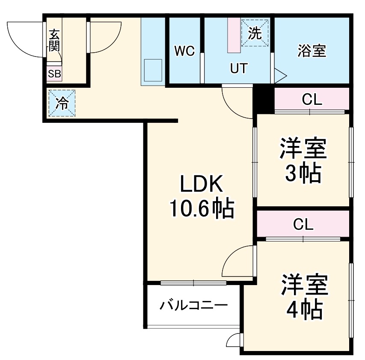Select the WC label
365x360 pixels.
pos(184,51)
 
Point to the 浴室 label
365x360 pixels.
pos(312,51)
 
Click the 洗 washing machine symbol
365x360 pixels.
pos(255,33)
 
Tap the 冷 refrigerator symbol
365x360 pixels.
pos(62,103)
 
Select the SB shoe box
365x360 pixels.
pos(54,74)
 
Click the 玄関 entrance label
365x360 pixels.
pos(54,41)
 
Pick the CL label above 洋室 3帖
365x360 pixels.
pos(312,100)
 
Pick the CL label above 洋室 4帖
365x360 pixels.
pos(303,223)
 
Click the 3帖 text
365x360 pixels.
pos(303,173)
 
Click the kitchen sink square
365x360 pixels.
pos(153,70)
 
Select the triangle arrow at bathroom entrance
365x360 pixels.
pos(279,76)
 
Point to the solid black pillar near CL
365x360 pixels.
pos(263,98)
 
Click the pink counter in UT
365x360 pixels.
pos(234,36)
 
